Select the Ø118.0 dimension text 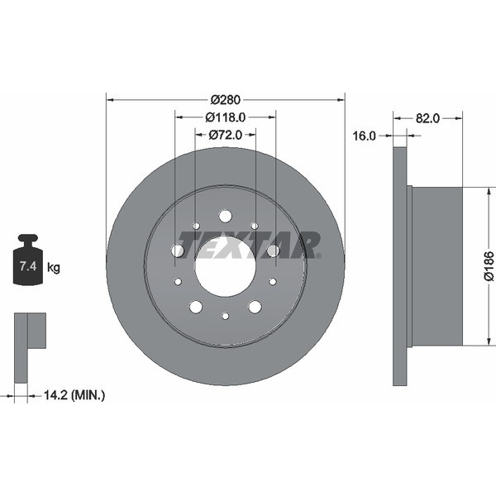click(x=225, y=117)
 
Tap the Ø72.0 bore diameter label click(x=225, y=134)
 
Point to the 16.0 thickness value click(x=364, y=136)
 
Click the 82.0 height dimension click(x=427, y=118)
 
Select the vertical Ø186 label click(x=489, y=267)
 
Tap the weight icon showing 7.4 click(x=27, y=263)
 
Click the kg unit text click(x=54, y=267)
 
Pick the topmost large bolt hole click(x=225, y=217)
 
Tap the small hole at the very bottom click(x=225, y=316)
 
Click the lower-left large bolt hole click(x=196, y=307)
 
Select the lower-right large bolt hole click(x=255, y=307)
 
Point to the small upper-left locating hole click(x=196, y=226)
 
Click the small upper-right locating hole click(x=255, y=226)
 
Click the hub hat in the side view click(x=436, y=266)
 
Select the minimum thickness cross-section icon click(x=29, y=347)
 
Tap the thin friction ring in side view click(x=400, y=266)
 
